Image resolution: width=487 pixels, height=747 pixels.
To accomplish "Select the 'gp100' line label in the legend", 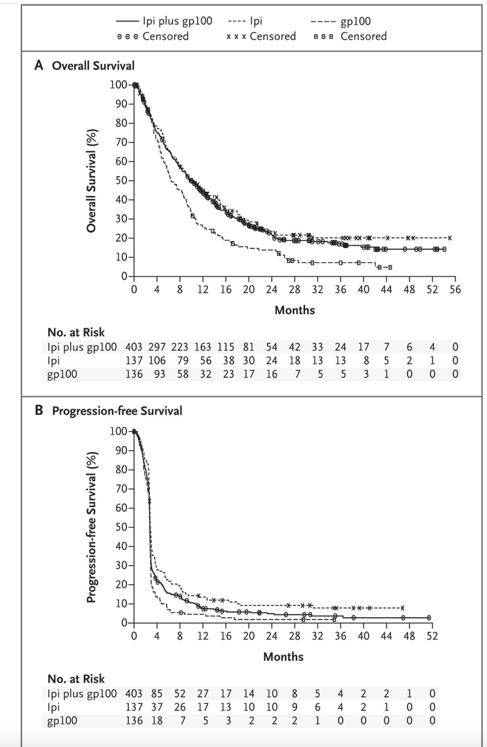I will tap(355, 21).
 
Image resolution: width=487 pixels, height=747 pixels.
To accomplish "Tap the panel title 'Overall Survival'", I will tap(93, 66).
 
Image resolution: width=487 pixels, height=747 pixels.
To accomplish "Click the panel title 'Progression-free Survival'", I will tap(117, 411).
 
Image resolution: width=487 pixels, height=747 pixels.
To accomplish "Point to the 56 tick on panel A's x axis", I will tap(455, 289).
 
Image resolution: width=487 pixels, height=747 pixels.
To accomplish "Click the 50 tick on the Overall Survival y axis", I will tap(121, 180).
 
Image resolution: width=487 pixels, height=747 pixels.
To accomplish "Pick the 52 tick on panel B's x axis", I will tap(432, 636).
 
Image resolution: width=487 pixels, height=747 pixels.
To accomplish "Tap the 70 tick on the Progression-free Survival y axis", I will tap(121, 489).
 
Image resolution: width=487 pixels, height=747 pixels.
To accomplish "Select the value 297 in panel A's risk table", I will tap(156, 347).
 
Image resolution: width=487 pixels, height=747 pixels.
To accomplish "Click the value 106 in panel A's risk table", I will tap(156, 361).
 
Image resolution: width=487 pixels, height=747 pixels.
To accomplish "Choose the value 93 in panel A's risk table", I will tap(159, 374).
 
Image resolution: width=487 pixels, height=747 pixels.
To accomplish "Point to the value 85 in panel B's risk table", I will tap(156, 694).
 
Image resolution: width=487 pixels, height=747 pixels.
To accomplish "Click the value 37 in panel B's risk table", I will tap(156, 707).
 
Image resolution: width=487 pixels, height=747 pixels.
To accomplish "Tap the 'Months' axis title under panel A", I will tap(294, 310).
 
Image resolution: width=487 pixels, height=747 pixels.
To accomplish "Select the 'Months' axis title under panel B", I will tap(283, 657).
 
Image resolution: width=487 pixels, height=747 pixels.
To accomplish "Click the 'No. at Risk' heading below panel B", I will tap(76, 679).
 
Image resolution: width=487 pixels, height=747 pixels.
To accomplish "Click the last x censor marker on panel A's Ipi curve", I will tap(450, 238).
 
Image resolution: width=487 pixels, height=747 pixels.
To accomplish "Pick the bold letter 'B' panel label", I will tap(39, 411).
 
